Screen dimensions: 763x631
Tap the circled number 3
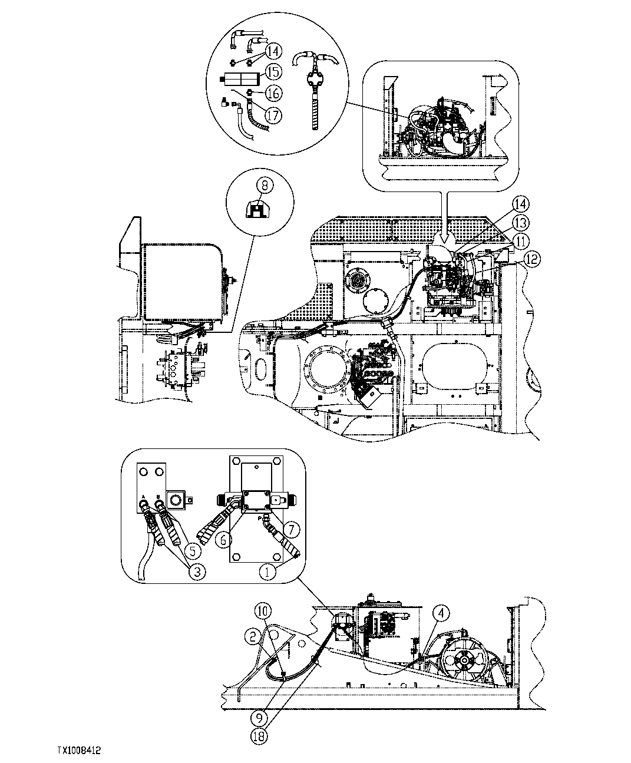pyautogui.click(x=196, y=570)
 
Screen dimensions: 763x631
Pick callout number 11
pyautogui.click(x=520, y=240)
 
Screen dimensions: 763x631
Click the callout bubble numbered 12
pyautogui.click(x=531, y=260)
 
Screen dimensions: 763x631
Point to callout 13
pyautogui.click(x=520, y=222)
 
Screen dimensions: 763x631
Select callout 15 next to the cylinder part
pyautogui.click(x=273, y=71)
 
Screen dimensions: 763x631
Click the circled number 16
pyautogui.click(x=273, y=93)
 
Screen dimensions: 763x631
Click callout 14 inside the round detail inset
pyautogui.click(x=273, y=51)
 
